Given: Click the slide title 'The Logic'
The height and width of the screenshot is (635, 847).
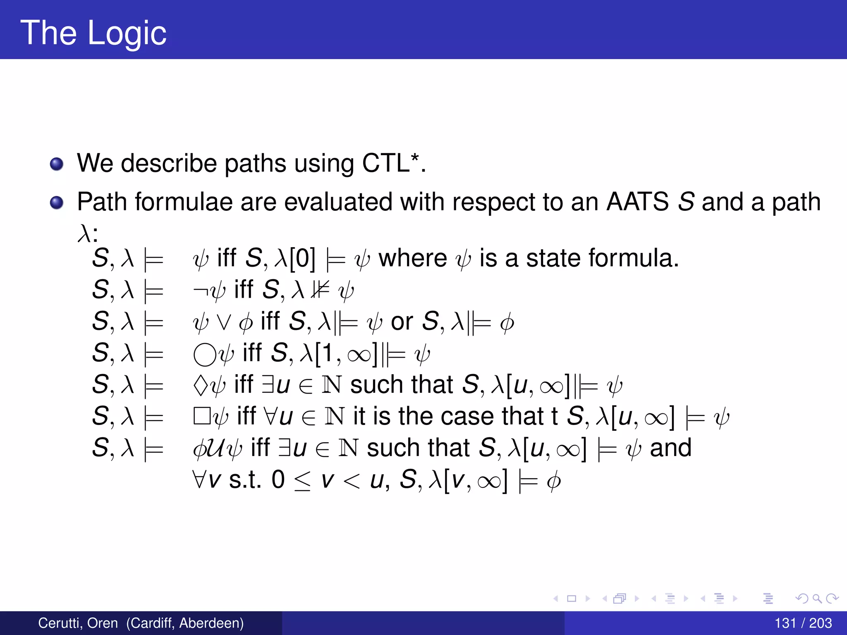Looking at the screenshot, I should (x=93, y=33).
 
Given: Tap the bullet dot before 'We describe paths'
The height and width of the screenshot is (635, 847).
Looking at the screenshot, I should (x=57, y=164).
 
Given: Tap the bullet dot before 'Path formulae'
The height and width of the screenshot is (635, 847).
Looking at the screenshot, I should (x=57, y=203).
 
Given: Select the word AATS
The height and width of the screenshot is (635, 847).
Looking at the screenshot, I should (x=637, y=202).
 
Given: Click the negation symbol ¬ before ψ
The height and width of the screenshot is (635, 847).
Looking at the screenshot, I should (x=200, y=290).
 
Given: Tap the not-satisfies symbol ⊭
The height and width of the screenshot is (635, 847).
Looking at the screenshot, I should (x=321, y=290).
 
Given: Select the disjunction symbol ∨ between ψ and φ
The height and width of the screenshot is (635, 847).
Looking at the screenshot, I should (x=224, y=323).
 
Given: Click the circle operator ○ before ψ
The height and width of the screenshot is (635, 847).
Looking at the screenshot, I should (x=205, y=355).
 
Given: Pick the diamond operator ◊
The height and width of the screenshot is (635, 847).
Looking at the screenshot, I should (x=201, y=385).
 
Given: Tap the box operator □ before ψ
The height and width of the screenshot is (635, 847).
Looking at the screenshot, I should (x=202, y=416).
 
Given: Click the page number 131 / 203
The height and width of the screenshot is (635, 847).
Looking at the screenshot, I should (x=803, y=623).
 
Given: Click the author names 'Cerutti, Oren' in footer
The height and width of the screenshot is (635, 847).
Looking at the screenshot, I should (x=78, y=623).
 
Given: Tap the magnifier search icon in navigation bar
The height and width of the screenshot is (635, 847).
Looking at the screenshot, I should (x=817, y=598).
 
